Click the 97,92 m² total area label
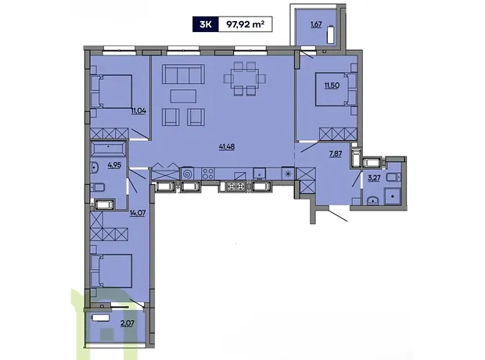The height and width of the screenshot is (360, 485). tap(246, 24)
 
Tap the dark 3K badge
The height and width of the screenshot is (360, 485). tap(206, 24)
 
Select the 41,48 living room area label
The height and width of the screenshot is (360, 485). tap(227, 147)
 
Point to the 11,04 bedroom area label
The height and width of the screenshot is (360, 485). tap(138, 111)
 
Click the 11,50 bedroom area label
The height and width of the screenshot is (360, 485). tap(332, 85)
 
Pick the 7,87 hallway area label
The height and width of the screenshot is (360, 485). tap(336, 154)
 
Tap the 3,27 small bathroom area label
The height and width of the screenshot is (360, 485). tap(374, 178)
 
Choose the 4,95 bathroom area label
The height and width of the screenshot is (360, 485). tap(114, 165)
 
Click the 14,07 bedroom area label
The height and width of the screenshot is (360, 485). tap(138, 214)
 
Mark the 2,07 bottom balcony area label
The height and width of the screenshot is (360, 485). tap(128, 324)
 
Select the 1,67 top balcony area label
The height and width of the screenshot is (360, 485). tap(316, 24)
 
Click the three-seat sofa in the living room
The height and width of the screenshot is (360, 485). tap(183, 74)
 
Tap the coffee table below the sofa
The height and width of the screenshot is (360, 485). tap(183, 96)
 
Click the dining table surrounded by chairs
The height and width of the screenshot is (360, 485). tap(246, 78)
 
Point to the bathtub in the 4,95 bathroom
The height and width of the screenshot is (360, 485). tap(108, 149)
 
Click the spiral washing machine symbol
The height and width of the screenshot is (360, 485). tap(187, 174)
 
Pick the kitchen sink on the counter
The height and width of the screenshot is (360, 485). tap(259, 174)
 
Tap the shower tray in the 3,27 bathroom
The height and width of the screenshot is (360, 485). tap(392, 196)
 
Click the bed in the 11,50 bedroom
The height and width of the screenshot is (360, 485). tap(332, 89)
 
